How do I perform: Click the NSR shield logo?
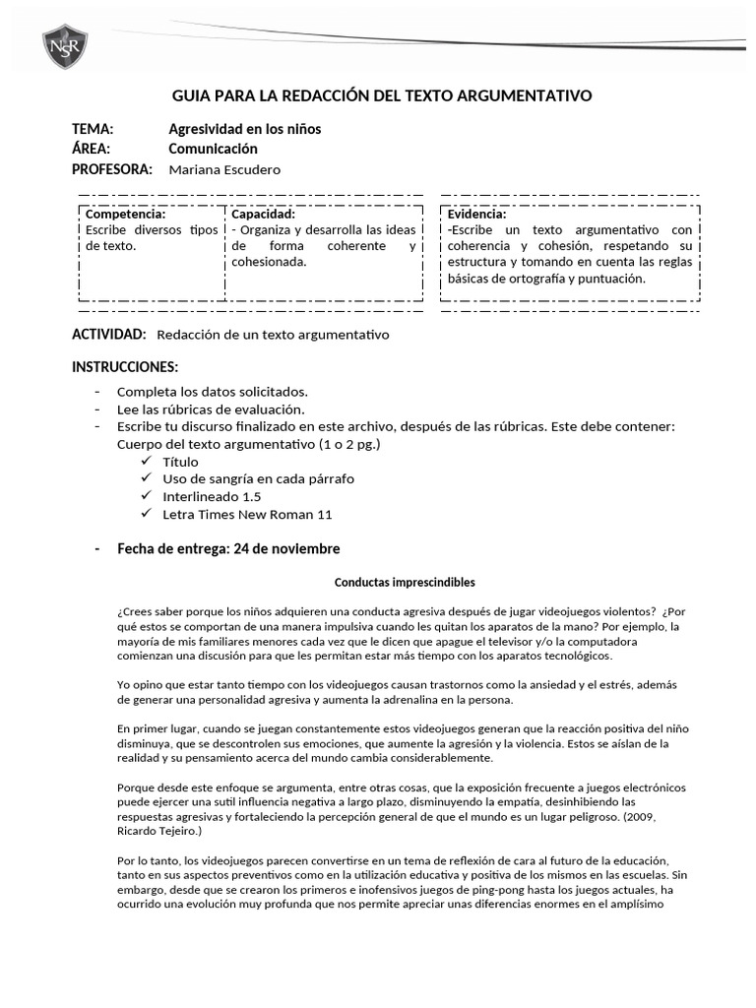(x=65, y=46)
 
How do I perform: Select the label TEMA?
(x=93, y=129)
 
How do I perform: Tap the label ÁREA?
(x=91, y=149)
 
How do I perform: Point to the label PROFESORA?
(x=112, y=169)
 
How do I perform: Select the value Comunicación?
(x=213, y=149)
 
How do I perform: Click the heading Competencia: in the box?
(x=125, y=214)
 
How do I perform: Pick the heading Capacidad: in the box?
(x=263, y=214)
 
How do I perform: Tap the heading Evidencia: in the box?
(x=476, y=214)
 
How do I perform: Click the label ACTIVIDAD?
(x=109, y=335)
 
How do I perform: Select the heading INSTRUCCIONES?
(x=125, y=367)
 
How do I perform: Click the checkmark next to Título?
(x=146, y=462)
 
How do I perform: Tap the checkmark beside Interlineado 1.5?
(x=146, y=496)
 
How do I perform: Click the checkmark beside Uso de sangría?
(x=146, y=478)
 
